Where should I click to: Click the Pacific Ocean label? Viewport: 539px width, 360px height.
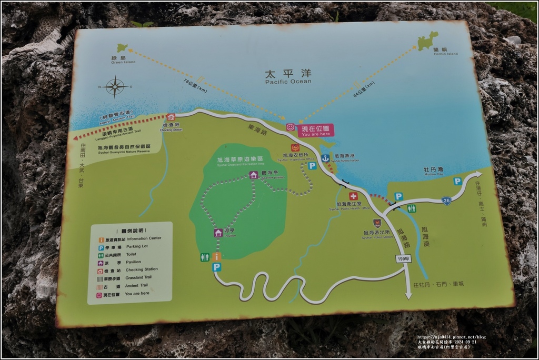[x=288, y=77]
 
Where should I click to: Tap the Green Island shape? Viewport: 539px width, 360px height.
[x=122, y=48]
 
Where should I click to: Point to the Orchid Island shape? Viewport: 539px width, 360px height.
[x=427, y=41]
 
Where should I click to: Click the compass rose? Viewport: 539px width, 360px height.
[x=115, y=87]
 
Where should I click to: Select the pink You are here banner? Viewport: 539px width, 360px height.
[x=316, y=131]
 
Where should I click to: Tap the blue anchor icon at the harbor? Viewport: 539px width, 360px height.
[x=325, y=158]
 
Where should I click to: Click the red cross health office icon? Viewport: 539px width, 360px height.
[x=353, y=196]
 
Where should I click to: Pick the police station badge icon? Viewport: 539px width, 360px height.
[x=377, y=223]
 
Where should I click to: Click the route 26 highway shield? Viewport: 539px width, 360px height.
[x=446, y=201]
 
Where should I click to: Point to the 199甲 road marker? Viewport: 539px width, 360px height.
[x=403, y=258]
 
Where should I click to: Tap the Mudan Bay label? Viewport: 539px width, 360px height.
[x=433, y=171]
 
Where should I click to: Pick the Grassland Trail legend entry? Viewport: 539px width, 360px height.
[x=129, y=277]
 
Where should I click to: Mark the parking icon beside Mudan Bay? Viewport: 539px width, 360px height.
[x=457, y=181]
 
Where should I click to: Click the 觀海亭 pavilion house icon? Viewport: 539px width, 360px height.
[x=254, y=175]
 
